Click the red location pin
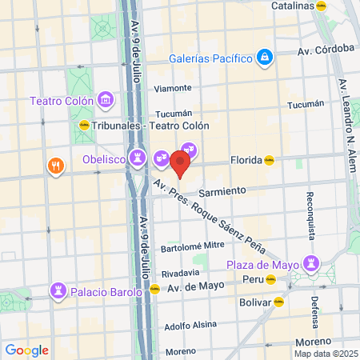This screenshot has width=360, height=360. (x=180, y=163)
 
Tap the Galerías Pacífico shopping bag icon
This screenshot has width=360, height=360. (x=265, y=58)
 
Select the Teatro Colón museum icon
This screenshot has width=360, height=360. (x=106, y=100)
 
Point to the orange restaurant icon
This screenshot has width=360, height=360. (x=55, y=166)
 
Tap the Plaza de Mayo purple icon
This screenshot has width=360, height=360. (x=310, y=265)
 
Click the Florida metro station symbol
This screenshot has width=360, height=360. (x=270, y=159)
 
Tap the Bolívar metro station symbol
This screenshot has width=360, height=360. (x=278, y=302)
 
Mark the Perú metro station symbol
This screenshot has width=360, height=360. (x=270, y=280)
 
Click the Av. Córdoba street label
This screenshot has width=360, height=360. (x=326, y=50)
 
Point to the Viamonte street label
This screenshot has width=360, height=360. (x=173, y=88)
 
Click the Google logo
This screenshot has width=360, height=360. (x=26, y=350)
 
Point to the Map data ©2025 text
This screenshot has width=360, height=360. (x=325, y=353)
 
